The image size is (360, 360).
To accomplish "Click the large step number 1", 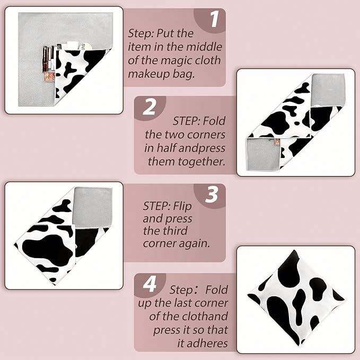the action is point(215,19).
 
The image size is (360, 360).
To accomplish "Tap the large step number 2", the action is point(149,107).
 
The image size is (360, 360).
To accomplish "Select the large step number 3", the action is point(212,195).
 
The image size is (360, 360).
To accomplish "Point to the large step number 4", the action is point(150,284).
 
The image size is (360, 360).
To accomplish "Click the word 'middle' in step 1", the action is point(204,47).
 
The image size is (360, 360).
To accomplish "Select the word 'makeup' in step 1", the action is point(149,74).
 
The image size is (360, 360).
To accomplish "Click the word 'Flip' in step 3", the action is point(182,206).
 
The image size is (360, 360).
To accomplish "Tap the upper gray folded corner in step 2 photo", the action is point(328,90).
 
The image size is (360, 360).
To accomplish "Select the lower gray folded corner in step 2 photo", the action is point(264,154).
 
